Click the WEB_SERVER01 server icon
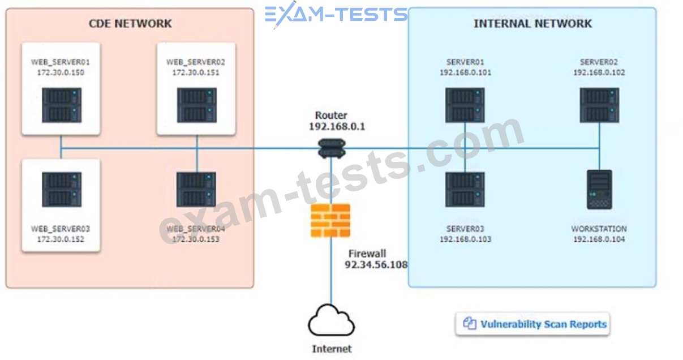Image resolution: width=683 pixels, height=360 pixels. [x=61, y=106]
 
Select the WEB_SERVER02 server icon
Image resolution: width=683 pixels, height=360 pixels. [x=196, y=106]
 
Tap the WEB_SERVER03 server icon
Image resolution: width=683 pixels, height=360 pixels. [x=61, y=190]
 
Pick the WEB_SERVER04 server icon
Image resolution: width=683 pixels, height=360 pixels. [x=196, y=190]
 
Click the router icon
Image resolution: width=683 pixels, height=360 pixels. [x=331, y=148]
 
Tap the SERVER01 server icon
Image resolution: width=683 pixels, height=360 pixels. [x=465, y=106]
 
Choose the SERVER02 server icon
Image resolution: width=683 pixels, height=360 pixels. [x=599, y=106]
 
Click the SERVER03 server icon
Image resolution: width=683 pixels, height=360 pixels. [x=465, y=190]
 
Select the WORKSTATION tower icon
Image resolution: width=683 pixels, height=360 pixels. [x=599, y=190]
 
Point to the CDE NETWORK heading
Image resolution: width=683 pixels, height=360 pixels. [x=130, y=24]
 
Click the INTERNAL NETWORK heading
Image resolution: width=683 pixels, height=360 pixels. [x=532, y=24]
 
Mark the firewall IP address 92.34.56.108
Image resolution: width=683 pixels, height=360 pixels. [x=376, y=265]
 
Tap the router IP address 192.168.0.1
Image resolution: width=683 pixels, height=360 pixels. [x=337, y=127]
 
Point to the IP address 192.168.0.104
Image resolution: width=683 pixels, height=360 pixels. [x=599, y=239]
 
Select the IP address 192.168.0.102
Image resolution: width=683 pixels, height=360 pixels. [x=599, y=72]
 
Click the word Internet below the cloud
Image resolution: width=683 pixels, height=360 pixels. [x=332, y=349]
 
